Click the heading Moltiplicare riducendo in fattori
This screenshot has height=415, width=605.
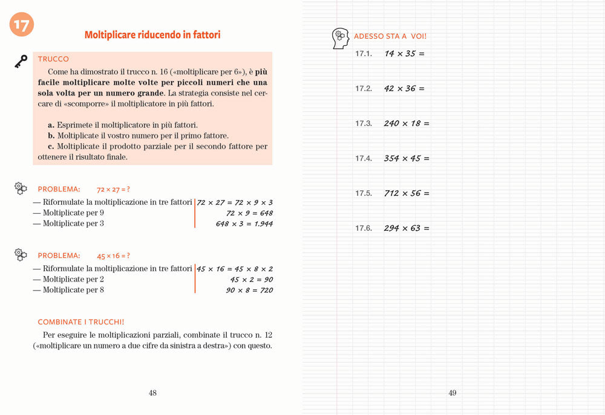point(152,35)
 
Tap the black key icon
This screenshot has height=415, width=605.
point(21,60)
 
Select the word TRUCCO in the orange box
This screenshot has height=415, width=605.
point(53,59)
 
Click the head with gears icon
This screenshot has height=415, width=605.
point(341,38)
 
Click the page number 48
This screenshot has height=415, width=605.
point(152,393)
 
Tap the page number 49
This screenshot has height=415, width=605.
point(453,393)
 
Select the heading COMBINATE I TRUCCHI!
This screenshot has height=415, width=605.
point(81,322)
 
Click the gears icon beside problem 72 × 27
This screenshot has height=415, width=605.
point(21,188)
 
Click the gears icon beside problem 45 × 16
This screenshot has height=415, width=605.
point(21,255)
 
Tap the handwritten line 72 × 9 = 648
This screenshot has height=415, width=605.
point(249,213)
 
